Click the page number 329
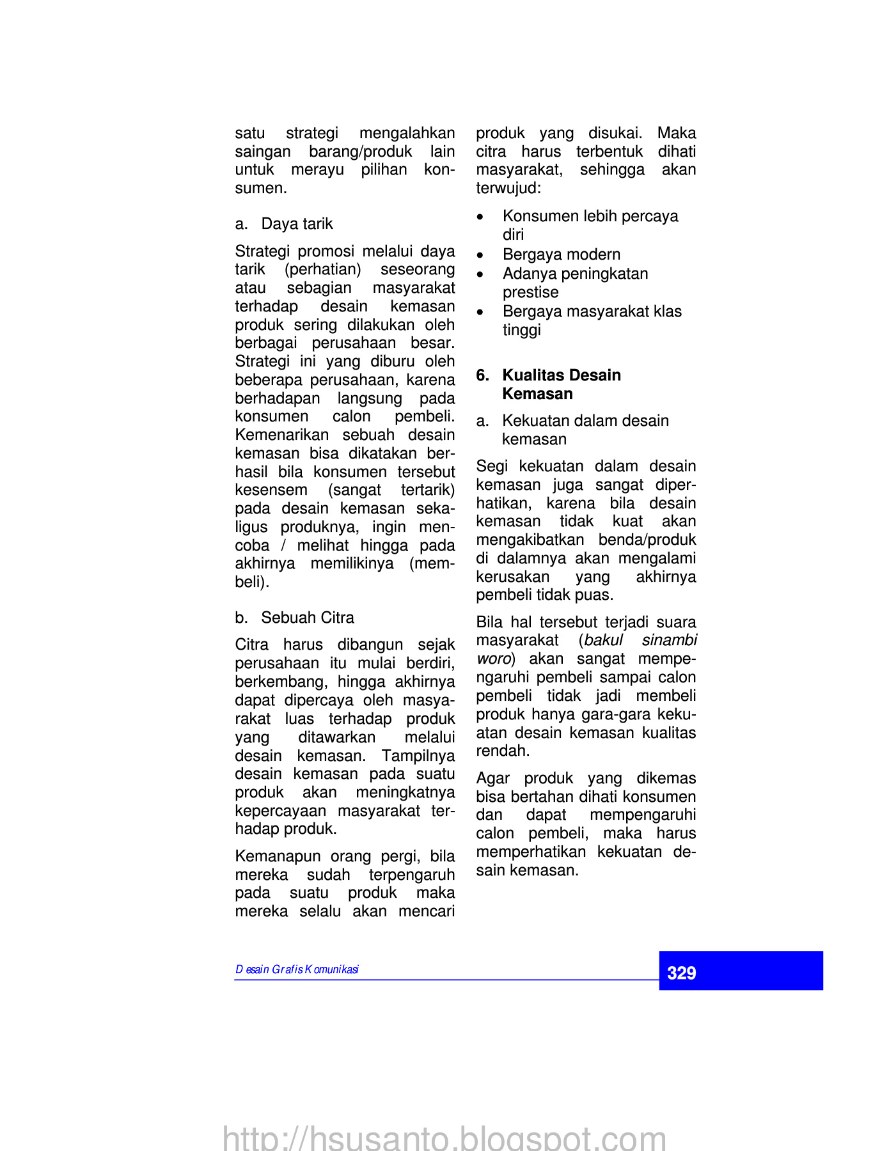point(681,973)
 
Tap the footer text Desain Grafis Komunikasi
point(297,969)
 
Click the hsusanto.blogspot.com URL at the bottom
point(444,1138)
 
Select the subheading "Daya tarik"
point(297,224)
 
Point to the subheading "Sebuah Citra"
point(307,618)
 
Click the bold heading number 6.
point(482,375)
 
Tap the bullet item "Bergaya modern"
point(561,254)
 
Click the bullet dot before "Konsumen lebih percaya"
point(480,217)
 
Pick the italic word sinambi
point(669,641)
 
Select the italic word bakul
point(603,641)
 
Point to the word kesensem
point(271,490)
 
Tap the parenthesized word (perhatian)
point(323,269)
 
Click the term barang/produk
point(360,152)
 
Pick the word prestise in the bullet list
point(530,292)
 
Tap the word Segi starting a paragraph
point(491,466)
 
